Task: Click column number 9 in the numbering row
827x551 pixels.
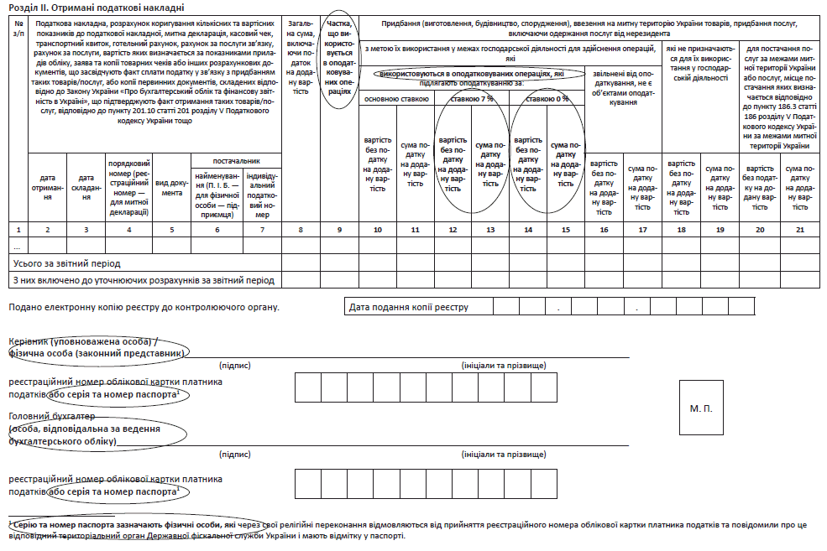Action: (338, 229)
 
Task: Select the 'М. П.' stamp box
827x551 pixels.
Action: (701, 408)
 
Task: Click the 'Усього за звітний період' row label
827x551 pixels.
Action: (65, 263)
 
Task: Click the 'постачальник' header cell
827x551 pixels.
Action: (236, 161)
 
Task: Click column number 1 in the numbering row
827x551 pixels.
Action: (18, 229)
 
